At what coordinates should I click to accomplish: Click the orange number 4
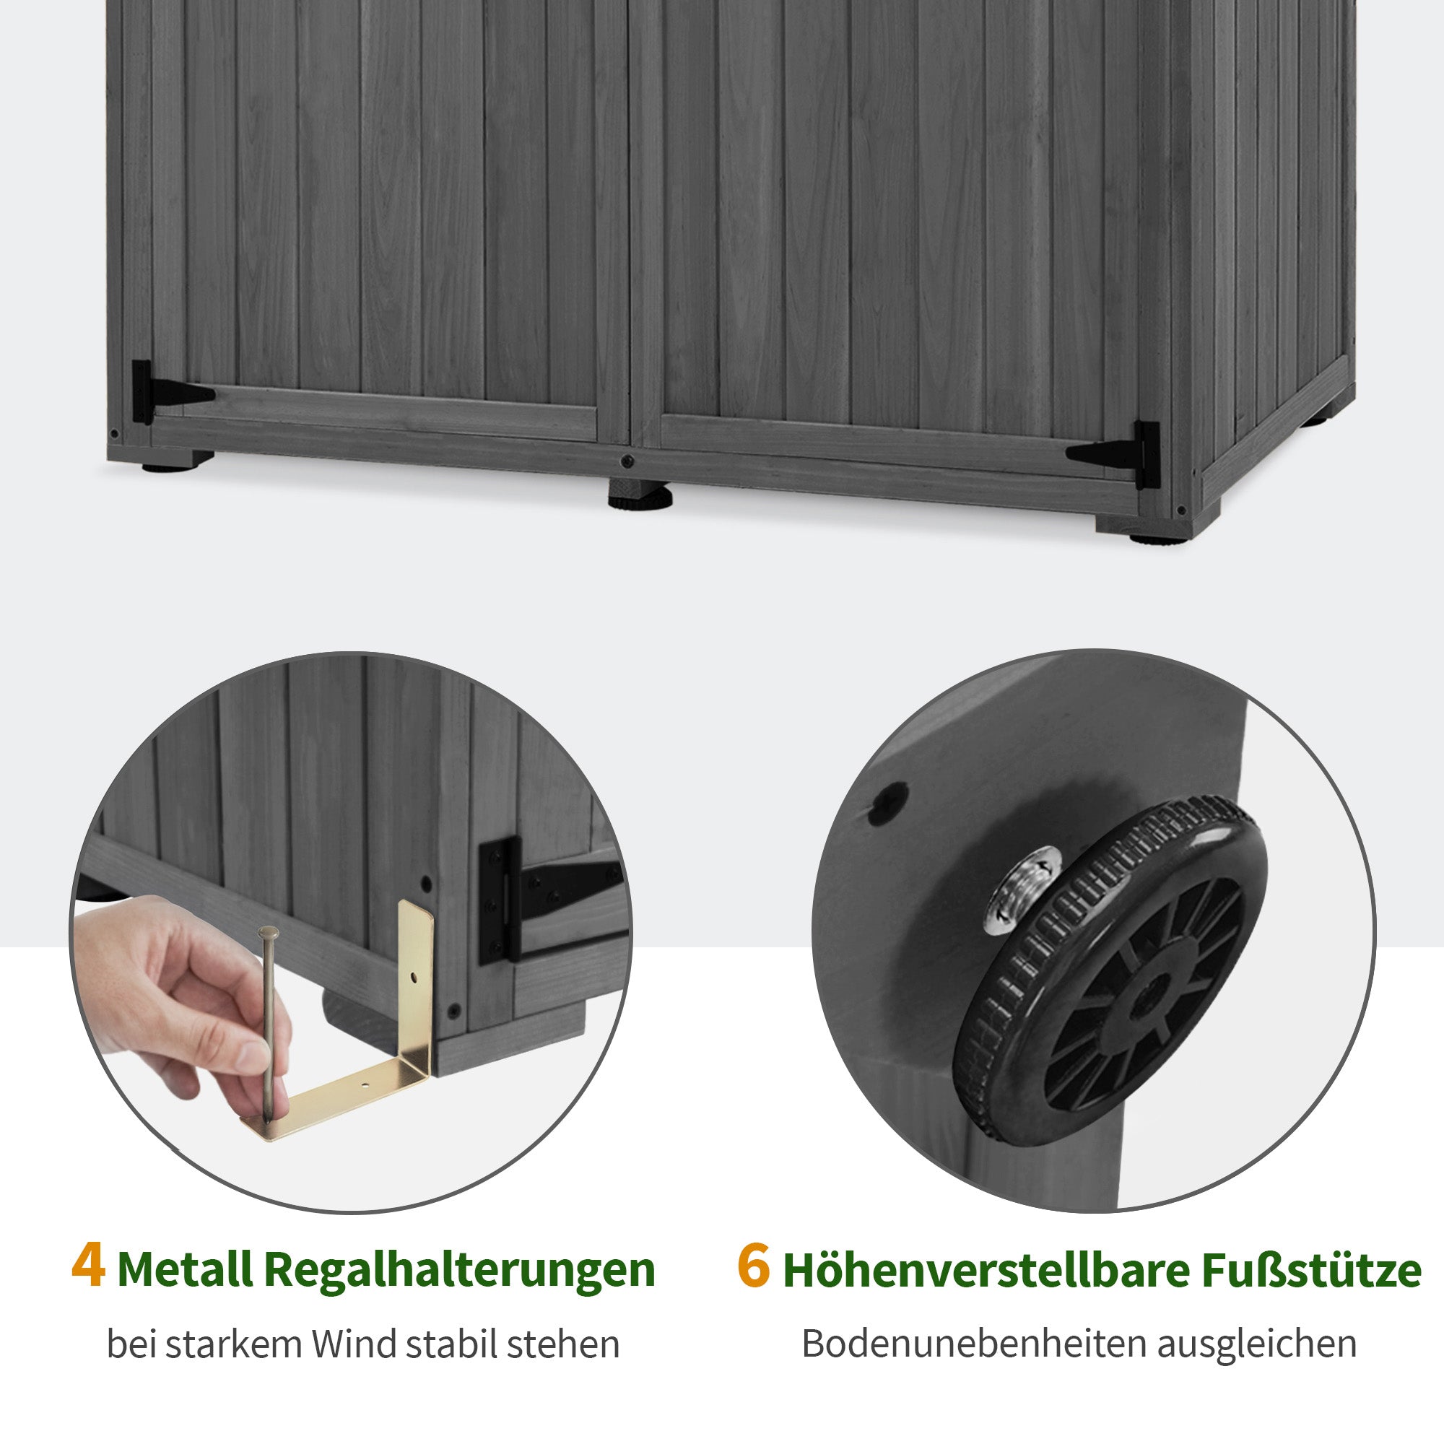pos(88,1266)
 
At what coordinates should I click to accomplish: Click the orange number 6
pos(752,1266)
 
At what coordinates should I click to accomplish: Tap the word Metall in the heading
pos(185,1269)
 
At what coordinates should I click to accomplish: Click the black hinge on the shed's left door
pos(161,391)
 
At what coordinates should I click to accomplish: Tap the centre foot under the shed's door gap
pos(639,494)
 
